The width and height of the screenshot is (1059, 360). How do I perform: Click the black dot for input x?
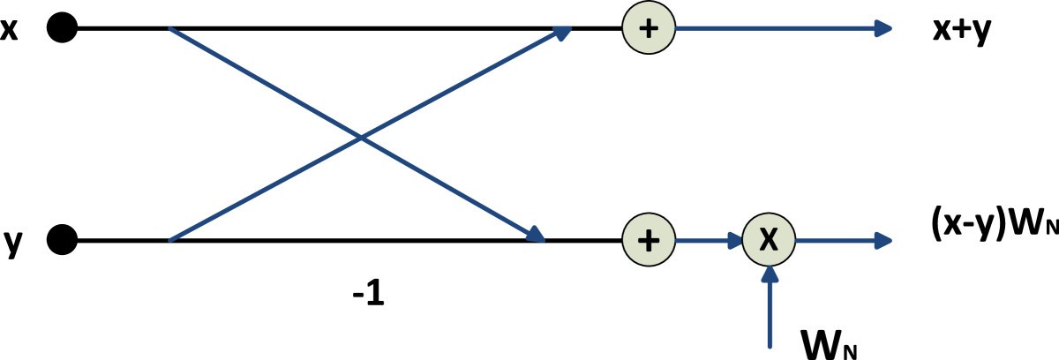(62, 29)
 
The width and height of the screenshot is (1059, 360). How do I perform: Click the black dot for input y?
(62, 239)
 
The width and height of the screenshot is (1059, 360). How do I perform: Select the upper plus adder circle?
(649, 29)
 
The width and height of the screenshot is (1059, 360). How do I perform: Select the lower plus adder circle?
(649, 239)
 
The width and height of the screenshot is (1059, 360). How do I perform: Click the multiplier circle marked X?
(769, 239)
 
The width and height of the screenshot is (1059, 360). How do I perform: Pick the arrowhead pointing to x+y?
(887, 29)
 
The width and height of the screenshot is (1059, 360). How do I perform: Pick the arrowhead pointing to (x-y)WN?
(887, 239)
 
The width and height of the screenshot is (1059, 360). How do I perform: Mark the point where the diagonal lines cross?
(360, 138)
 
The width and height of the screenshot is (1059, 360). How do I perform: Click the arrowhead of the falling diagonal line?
(535, 235)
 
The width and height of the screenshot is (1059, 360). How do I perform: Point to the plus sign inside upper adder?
(649, 29)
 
